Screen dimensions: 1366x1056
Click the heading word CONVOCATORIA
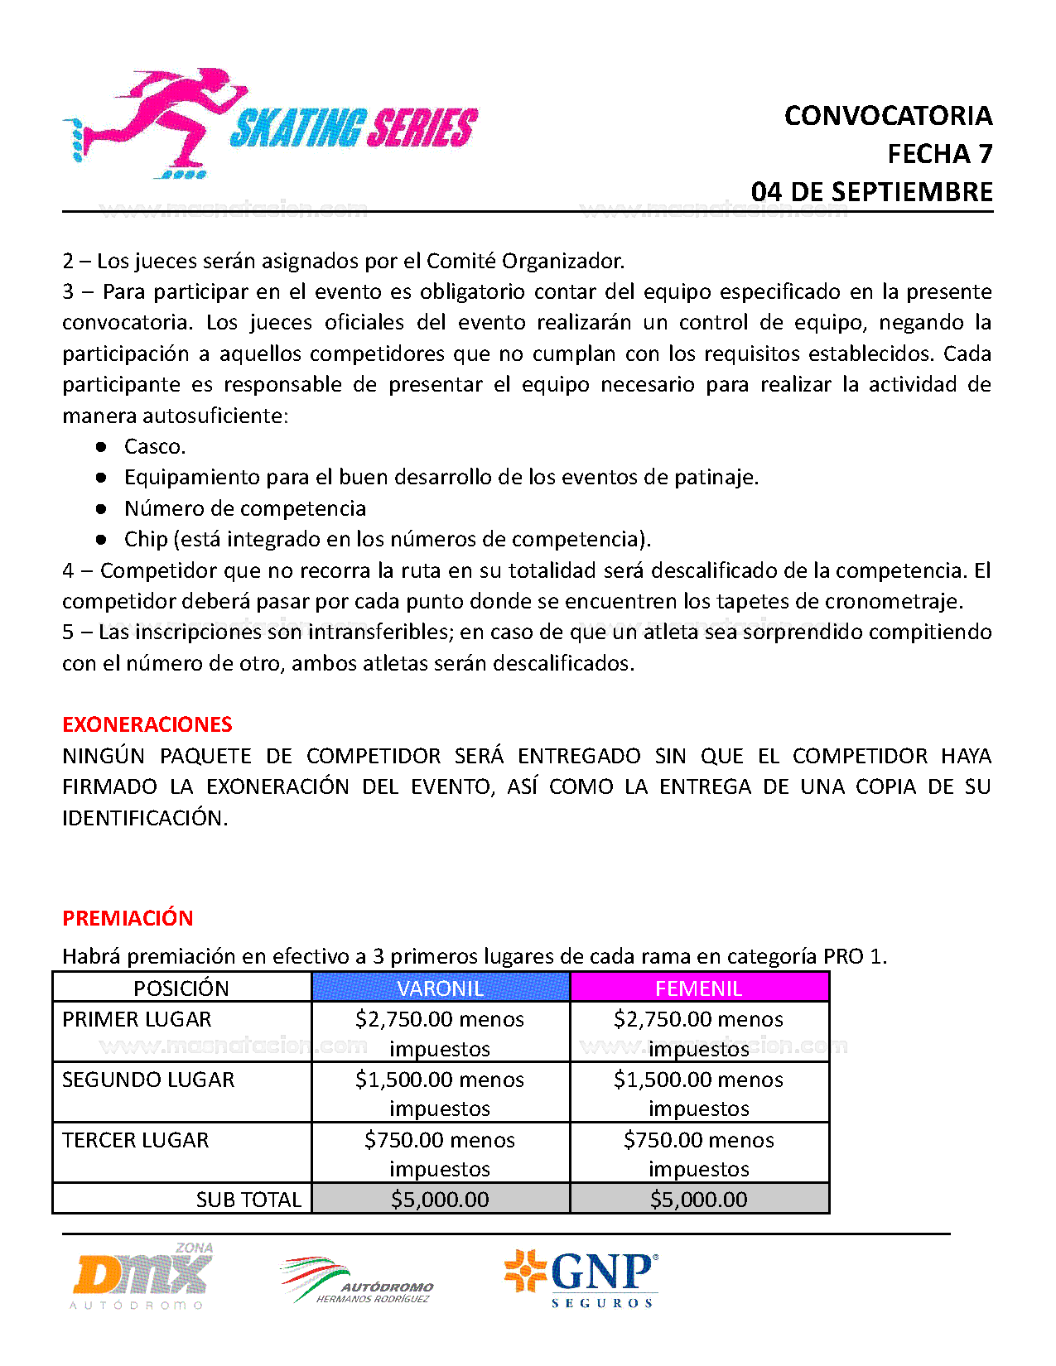click(888, 116)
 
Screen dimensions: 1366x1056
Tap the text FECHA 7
click(939, 154)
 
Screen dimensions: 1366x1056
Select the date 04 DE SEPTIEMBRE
click(871, 192)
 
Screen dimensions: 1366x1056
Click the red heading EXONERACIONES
click(147, 724)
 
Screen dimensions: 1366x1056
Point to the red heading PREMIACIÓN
click(128, 918)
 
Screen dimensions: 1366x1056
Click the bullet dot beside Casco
click(101, 446)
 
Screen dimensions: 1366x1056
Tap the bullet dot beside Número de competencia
click(101, 508)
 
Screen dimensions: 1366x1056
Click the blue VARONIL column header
click(440, 988)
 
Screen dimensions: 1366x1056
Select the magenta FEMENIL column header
click(698, 988)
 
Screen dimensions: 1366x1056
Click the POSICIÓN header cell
click(181, 988)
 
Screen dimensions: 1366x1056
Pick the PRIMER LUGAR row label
click(137, 1019)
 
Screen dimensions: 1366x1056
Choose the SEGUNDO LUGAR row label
click(148, 1080)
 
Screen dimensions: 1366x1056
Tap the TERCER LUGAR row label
click(135, 1140)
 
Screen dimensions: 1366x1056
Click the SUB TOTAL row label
click(248, 1200)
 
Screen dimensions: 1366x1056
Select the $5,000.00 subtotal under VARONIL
click(440, 1200)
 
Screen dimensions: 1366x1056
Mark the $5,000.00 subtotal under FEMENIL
click(698, 1200)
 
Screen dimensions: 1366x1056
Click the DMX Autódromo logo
click(142, 1277)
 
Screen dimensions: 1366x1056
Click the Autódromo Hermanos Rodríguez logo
click(358, 1282)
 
